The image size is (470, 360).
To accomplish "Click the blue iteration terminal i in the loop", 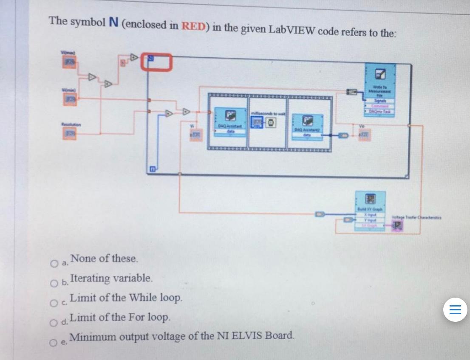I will click(151, 170).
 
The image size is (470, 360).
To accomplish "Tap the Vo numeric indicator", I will click(363, 135).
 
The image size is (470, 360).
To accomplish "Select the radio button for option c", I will click(54, 303).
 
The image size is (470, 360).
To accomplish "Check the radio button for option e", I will click(54, 343).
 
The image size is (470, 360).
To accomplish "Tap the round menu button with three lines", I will click(455, 309).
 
